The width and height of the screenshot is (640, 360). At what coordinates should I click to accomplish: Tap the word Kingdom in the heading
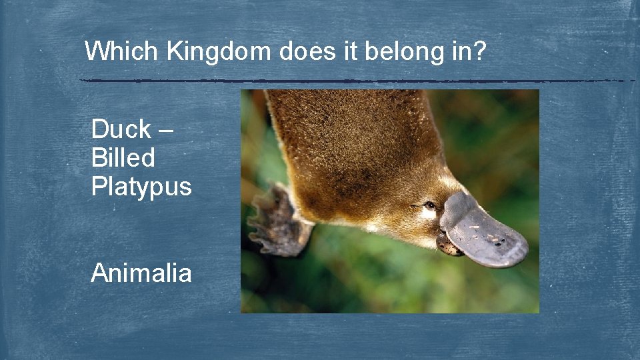219,51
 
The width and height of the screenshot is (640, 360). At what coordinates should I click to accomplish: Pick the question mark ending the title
479,51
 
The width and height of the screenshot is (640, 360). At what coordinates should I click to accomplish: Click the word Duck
121,129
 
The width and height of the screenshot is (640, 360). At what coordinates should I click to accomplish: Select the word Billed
123,158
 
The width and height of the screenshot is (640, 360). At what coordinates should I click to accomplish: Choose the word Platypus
141,187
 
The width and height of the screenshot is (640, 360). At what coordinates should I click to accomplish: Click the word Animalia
141,273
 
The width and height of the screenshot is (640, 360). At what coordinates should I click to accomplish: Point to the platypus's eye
430,205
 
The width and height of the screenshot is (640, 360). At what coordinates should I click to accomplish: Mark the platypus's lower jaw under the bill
447,246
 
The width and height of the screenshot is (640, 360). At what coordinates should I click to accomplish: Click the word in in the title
461,51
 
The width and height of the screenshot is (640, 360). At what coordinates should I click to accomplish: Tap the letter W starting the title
97,51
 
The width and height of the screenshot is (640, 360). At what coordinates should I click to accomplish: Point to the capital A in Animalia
100,273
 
